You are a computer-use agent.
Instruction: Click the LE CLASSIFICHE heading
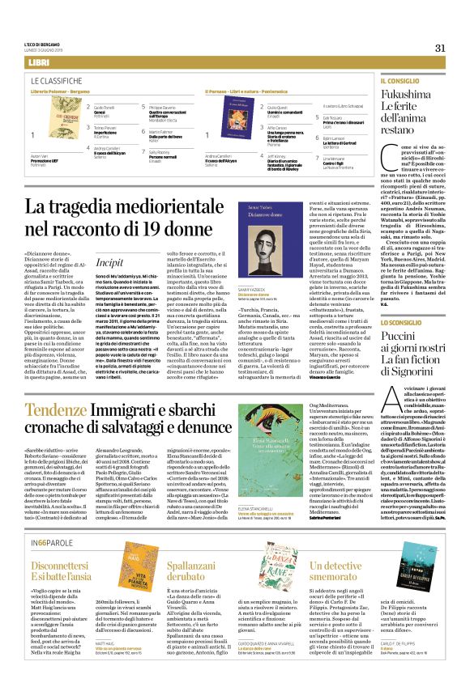58,82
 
